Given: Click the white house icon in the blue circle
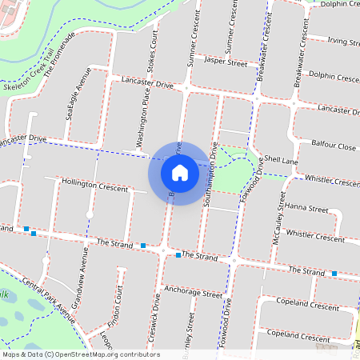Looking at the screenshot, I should click(180, 172).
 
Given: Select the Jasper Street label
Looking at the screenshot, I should click(226, 61).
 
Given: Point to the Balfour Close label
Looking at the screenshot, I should click(334, 147).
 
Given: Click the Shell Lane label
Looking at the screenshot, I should click(282, 160).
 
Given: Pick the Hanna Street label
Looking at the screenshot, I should click(307, 208).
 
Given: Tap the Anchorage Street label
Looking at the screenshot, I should click(192, 293).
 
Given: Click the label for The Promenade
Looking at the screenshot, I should click(60, 54).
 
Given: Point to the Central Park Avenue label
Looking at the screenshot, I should click(48, 300).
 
